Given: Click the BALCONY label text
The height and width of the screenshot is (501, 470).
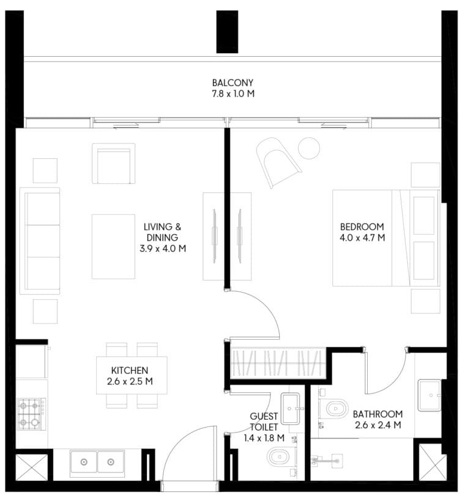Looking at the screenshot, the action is point(233,82).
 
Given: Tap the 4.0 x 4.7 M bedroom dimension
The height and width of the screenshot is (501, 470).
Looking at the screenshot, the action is point(362,238).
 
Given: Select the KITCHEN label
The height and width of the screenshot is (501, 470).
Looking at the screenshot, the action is point(130,370).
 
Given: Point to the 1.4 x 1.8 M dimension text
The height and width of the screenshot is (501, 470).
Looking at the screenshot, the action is point(264,438).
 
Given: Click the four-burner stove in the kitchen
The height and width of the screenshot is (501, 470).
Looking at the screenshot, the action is point(32,414).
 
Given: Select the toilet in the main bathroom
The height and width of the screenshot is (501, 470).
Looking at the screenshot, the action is point(334,408).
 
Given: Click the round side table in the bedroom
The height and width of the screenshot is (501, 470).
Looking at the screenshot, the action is point(309,148).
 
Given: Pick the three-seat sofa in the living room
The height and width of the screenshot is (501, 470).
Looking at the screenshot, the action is point(40,241).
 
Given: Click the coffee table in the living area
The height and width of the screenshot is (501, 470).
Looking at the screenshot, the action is point(113,247).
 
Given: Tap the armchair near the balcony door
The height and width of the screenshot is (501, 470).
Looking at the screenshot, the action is point(114,164).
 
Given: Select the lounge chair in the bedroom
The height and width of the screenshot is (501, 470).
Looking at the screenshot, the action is point(278,163).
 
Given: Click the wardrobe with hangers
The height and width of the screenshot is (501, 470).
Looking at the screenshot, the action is point(278,364).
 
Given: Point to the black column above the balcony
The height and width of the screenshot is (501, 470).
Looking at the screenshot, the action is point(227,32).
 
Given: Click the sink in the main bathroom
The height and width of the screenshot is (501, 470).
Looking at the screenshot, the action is point(430,395).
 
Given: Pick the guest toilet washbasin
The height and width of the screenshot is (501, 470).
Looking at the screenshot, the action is point(290,408).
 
